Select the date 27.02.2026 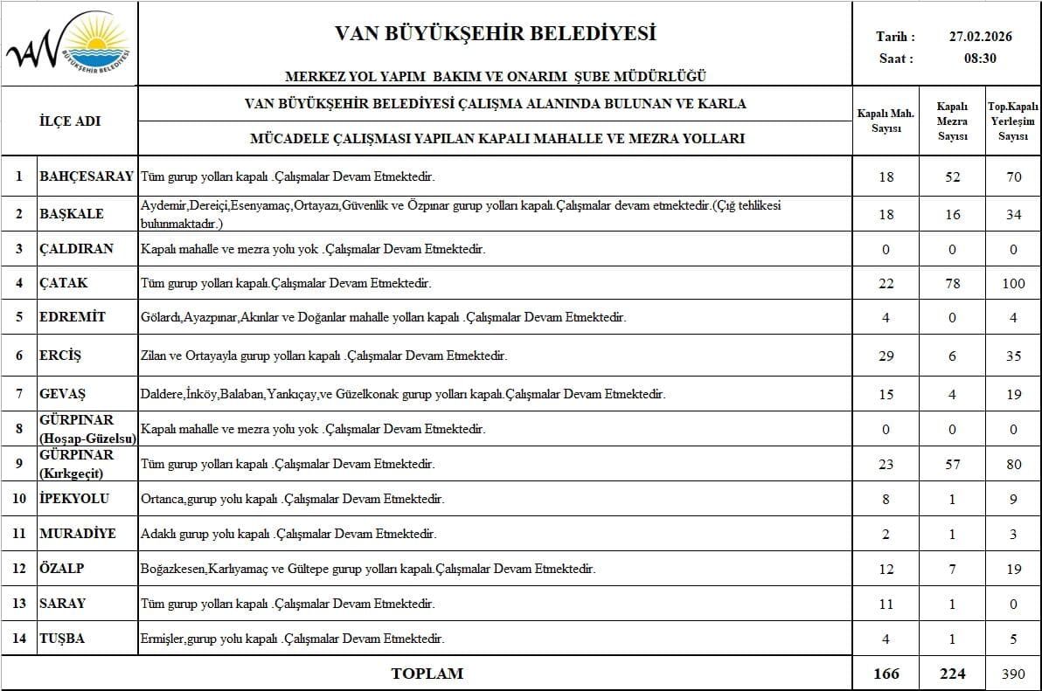[x=980, y=38]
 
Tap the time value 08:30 [x=980, y=59]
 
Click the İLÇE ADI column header [x=70, y=121]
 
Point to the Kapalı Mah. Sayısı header [x=886, y=121]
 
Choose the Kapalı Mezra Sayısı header [x=952, y=121]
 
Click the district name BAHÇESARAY [x=87, y=176]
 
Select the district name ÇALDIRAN [x=77, y=249]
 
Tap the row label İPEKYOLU [x=74, y=499]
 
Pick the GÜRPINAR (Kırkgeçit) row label [x=77, y=464]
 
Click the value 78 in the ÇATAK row [x=953, y=283]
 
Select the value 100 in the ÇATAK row [x=1013, y=283]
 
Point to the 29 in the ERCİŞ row [x=886, y=356]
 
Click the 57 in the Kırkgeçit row [x=953, y=464]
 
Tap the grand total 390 [x=1013, y=674]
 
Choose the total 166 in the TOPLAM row [x=886, y=674]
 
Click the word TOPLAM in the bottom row [x=427, y=674]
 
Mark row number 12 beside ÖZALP [x=18, y=569]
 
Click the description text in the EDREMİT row [x=383, y=317]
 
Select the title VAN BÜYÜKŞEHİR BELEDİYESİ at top [x=495, y=34]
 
